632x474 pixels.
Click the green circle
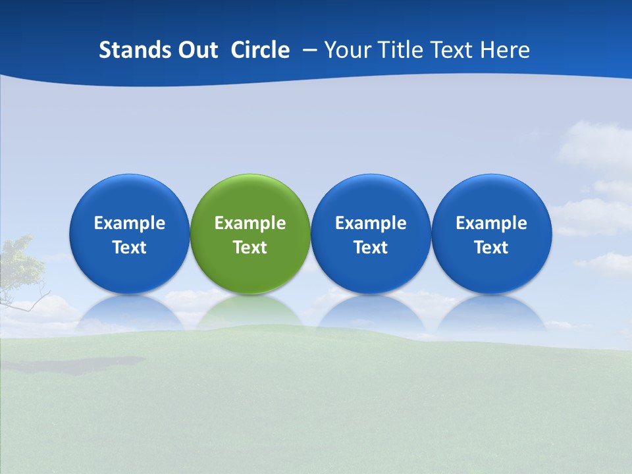(x=250, y=234)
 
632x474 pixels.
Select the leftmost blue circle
(x=130, y=234)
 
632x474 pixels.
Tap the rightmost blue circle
(x=491, y=234)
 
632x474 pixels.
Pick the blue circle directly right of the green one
(x=371, y=234)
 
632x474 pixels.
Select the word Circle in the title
(x=260, y=50)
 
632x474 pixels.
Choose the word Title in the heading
(x=400, y=50)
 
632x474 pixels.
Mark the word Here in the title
(x=505, y=50)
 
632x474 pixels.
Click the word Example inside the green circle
(x=250, y=223)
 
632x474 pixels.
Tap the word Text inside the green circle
(x=250, y=248)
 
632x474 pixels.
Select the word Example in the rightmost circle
(x=491, y=223)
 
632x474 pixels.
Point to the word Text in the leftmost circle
(x=130, y=248)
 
